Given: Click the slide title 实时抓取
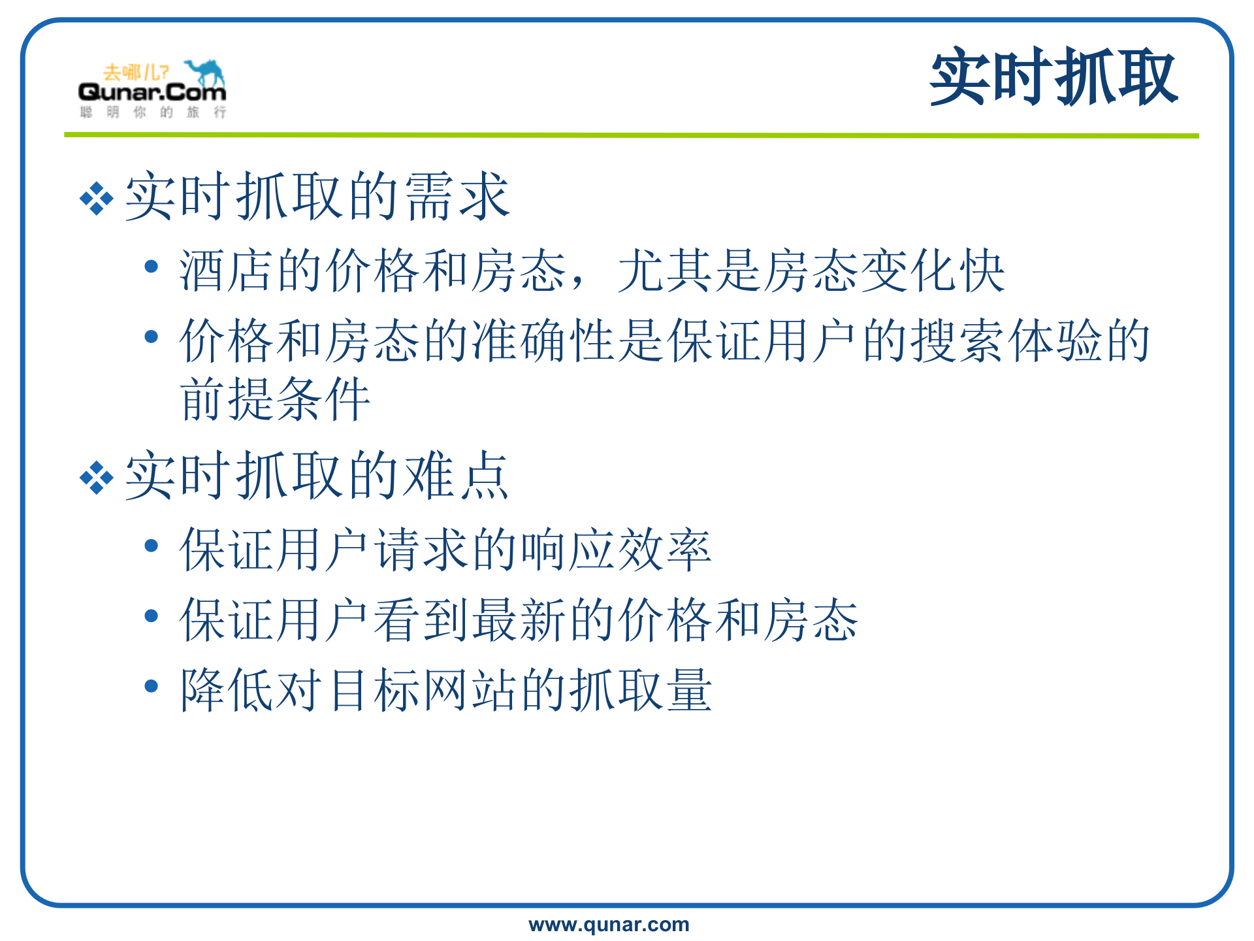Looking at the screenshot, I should [1053, 77].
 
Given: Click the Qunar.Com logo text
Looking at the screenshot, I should [152, 92].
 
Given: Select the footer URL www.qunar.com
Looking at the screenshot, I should [609, 924].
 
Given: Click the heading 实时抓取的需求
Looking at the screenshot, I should [317, 196].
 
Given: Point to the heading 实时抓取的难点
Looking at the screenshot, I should [317, 476].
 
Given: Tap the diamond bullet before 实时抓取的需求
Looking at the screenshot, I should [97, 198].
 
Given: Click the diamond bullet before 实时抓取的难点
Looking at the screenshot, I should [97, 478].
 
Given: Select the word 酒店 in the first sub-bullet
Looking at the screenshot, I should [227, 271].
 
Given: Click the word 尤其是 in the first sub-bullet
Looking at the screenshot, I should [690, 271].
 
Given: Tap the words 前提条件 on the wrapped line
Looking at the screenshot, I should [276, 399].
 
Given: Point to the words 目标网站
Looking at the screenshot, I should [423, 690].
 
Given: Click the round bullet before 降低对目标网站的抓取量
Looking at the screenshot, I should [152, 686].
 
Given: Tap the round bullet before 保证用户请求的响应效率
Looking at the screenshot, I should [152, 546].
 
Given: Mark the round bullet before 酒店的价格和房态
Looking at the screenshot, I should [152, 267].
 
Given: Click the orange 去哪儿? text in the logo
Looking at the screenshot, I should [136, 72].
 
